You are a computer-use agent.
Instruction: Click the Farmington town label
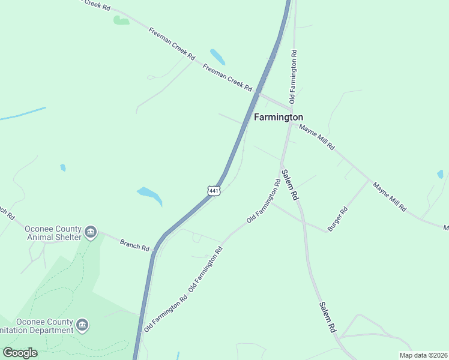tap(278, 117)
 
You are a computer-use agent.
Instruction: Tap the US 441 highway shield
tap(214, 190)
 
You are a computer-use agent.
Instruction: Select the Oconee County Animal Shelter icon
tap(91, 232)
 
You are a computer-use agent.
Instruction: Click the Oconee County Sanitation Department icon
tap(83, 325)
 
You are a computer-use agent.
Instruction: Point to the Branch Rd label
tap(134, 244)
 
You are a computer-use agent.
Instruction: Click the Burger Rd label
tap(337, 219)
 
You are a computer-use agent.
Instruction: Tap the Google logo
tap(20, 353)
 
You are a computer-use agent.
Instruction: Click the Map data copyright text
tap(423, 355)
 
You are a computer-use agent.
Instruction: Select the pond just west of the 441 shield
tap(149, 195)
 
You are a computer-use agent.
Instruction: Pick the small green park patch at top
tap(121, 21)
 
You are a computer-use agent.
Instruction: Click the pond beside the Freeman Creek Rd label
tap(217, 56)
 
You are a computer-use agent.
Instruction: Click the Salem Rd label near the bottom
tap(327, 317)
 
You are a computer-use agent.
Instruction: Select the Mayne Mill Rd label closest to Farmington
tap(316, 138)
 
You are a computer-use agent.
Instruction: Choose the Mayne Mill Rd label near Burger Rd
tap(389, 197)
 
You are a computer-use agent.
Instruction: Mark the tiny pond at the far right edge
tap(441, 174)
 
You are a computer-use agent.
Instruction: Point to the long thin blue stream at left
tap(23, 113)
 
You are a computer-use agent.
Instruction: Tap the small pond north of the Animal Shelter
tap(63, 167)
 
